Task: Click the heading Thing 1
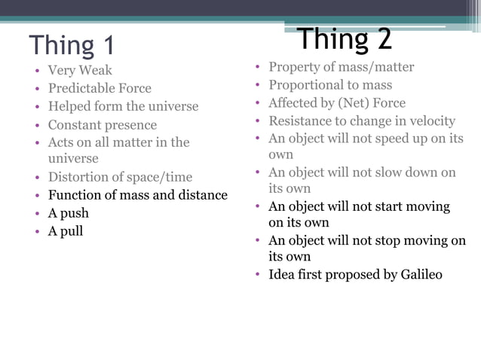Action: [72, 45]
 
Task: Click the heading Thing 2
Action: [345, 39]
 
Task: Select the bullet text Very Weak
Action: [80, 71]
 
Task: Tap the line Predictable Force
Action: [100, 88]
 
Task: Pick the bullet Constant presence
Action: [103, 124]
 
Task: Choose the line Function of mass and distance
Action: [137, 195]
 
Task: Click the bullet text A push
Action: [69, 213]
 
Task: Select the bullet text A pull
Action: [66, 231]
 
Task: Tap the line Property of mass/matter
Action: [342, 67]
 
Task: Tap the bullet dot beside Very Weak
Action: [36, 72]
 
